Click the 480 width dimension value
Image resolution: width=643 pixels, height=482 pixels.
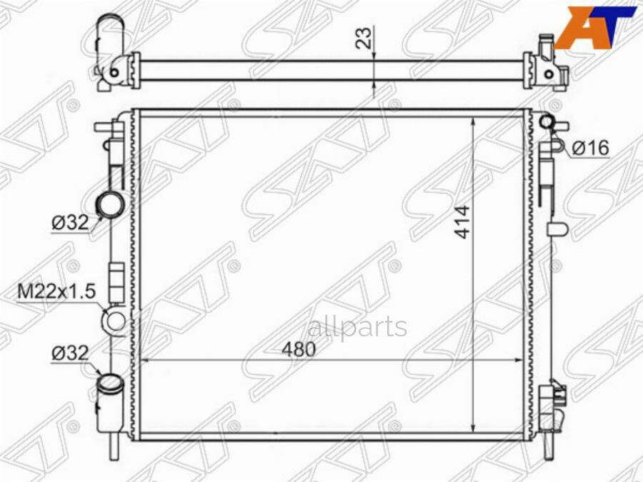pos(299,349)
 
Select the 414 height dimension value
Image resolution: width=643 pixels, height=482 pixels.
pos(463,222)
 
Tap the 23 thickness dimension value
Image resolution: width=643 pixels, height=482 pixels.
pos(364,38)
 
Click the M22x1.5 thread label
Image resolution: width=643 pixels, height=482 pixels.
pos(56,292)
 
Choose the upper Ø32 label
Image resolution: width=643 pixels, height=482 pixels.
pos(70,223)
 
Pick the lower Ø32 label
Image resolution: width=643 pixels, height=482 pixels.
pos(70,353)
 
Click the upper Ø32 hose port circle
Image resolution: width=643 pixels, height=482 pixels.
pos(109,204)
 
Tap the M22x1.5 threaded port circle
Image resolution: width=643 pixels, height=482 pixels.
pos(115,320)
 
